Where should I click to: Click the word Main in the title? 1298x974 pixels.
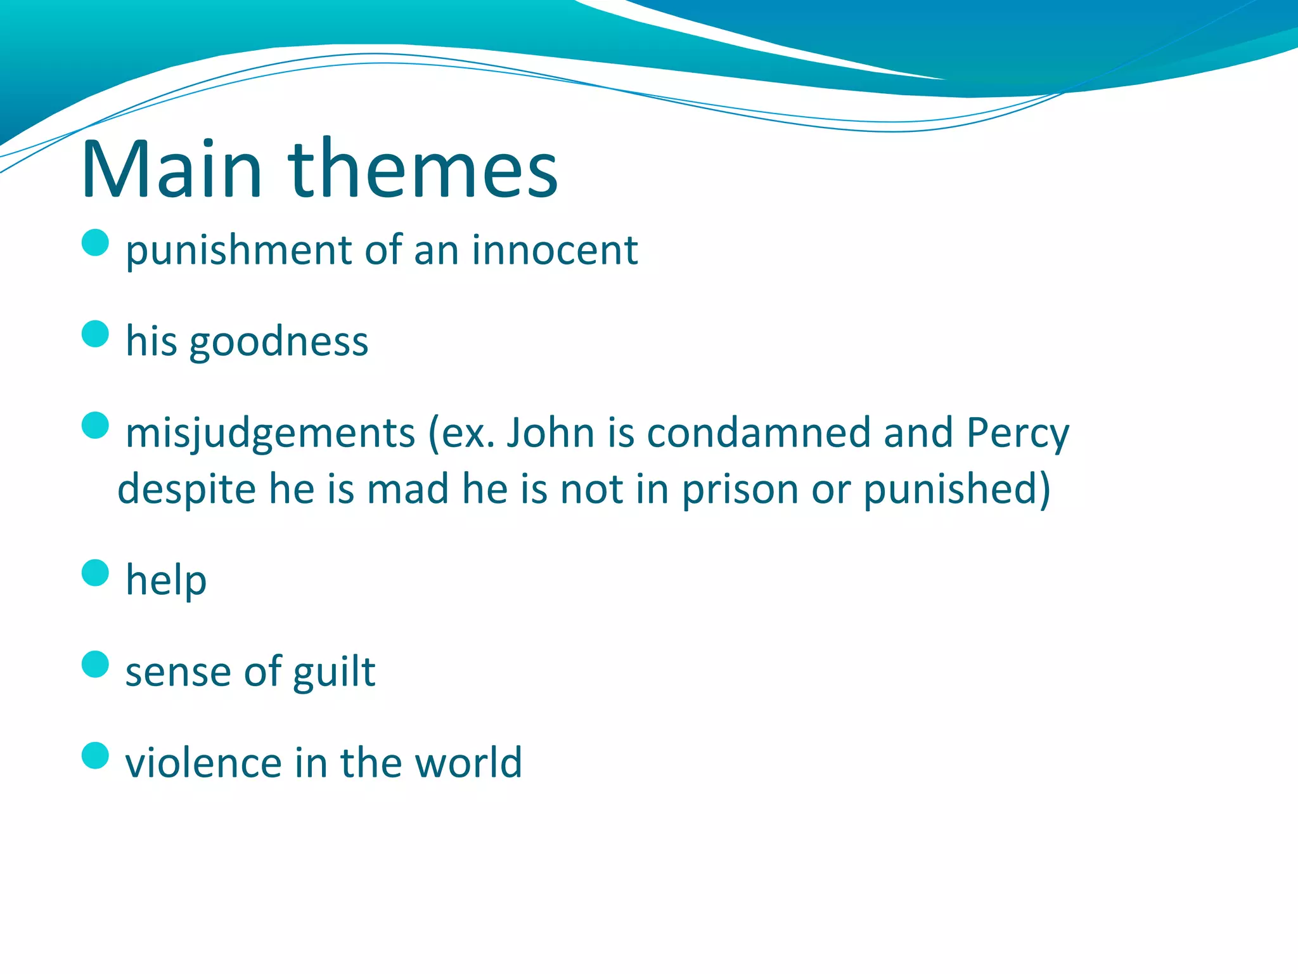coord(171,170)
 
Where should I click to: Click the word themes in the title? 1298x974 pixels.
coord(423,170)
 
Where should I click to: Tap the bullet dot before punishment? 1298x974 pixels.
coord(96,242)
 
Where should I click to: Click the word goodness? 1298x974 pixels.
coord(278,342)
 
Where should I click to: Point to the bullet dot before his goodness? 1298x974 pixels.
coord(96,334)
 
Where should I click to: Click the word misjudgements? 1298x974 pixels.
coord(270,434)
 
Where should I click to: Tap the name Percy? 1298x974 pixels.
coord(1017,434)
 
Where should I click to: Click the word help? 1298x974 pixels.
coord(166,580)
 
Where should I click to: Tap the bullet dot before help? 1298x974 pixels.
coord(96,573)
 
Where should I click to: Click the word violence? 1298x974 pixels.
coord(203,762)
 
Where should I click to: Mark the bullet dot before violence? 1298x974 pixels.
coord(96,755)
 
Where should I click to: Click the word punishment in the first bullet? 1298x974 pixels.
coord(238,251)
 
